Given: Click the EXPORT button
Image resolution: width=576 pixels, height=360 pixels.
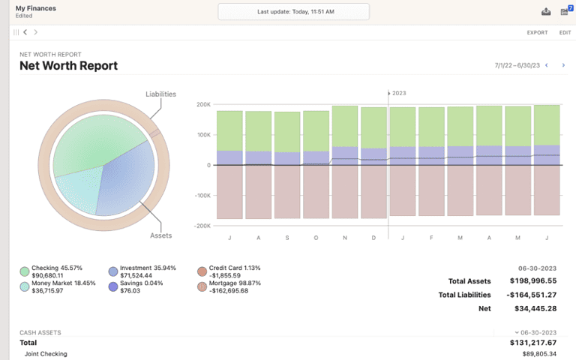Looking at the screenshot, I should (x=537, y=32).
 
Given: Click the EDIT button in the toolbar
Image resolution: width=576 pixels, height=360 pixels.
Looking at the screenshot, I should (x=565, y=32).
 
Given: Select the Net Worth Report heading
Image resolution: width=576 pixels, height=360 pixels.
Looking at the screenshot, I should (x=68, y=65).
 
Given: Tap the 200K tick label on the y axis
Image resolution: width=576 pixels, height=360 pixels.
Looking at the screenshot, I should (x=203, y=104).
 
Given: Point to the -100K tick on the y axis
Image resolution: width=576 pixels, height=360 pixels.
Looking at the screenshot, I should (x=202, y=195).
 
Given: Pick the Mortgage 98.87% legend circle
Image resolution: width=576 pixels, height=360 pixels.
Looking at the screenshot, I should (x=202, y=286).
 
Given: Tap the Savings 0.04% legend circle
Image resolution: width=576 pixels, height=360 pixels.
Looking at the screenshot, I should (x=113, y=286).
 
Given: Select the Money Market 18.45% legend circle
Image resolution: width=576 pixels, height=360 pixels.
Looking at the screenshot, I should (x=25, y=286).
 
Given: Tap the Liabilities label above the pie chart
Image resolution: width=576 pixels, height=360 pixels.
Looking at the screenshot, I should (x=160, y=94).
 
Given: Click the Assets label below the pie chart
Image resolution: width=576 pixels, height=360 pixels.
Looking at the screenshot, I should (x=160, y=235).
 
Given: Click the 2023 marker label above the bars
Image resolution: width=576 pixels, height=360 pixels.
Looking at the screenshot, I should (x=398, y=93).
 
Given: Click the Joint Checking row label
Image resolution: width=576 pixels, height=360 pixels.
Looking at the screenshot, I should (x=46, y=354).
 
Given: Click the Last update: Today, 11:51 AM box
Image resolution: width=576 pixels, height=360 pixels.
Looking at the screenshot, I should (x=293, y=12).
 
